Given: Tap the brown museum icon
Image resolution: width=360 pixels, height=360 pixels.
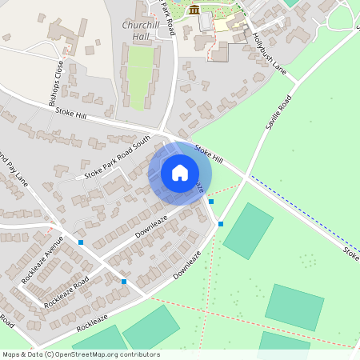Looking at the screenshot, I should click(194, 10).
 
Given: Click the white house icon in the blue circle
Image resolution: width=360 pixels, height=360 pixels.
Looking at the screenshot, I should click(180, 172).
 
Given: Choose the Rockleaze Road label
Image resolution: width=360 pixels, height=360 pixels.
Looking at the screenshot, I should click(67, 294).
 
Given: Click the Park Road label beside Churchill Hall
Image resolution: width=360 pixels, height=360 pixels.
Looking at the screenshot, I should click(166, 10).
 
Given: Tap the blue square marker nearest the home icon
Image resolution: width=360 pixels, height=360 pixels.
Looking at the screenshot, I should click(211, 202).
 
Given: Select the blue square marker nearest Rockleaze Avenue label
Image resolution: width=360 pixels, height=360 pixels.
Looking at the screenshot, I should click(81, 242).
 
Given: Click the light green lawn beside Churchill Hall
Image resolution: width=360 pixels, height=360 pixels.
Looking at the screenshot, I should click(140, 76).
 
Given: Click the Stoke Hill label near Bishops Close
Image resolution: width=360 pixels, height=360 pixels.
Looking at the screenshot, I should click(71, 114).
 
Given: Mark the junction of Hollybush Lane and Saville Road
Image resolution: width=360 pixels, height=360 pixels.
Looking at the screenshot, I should click(297, 81).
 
